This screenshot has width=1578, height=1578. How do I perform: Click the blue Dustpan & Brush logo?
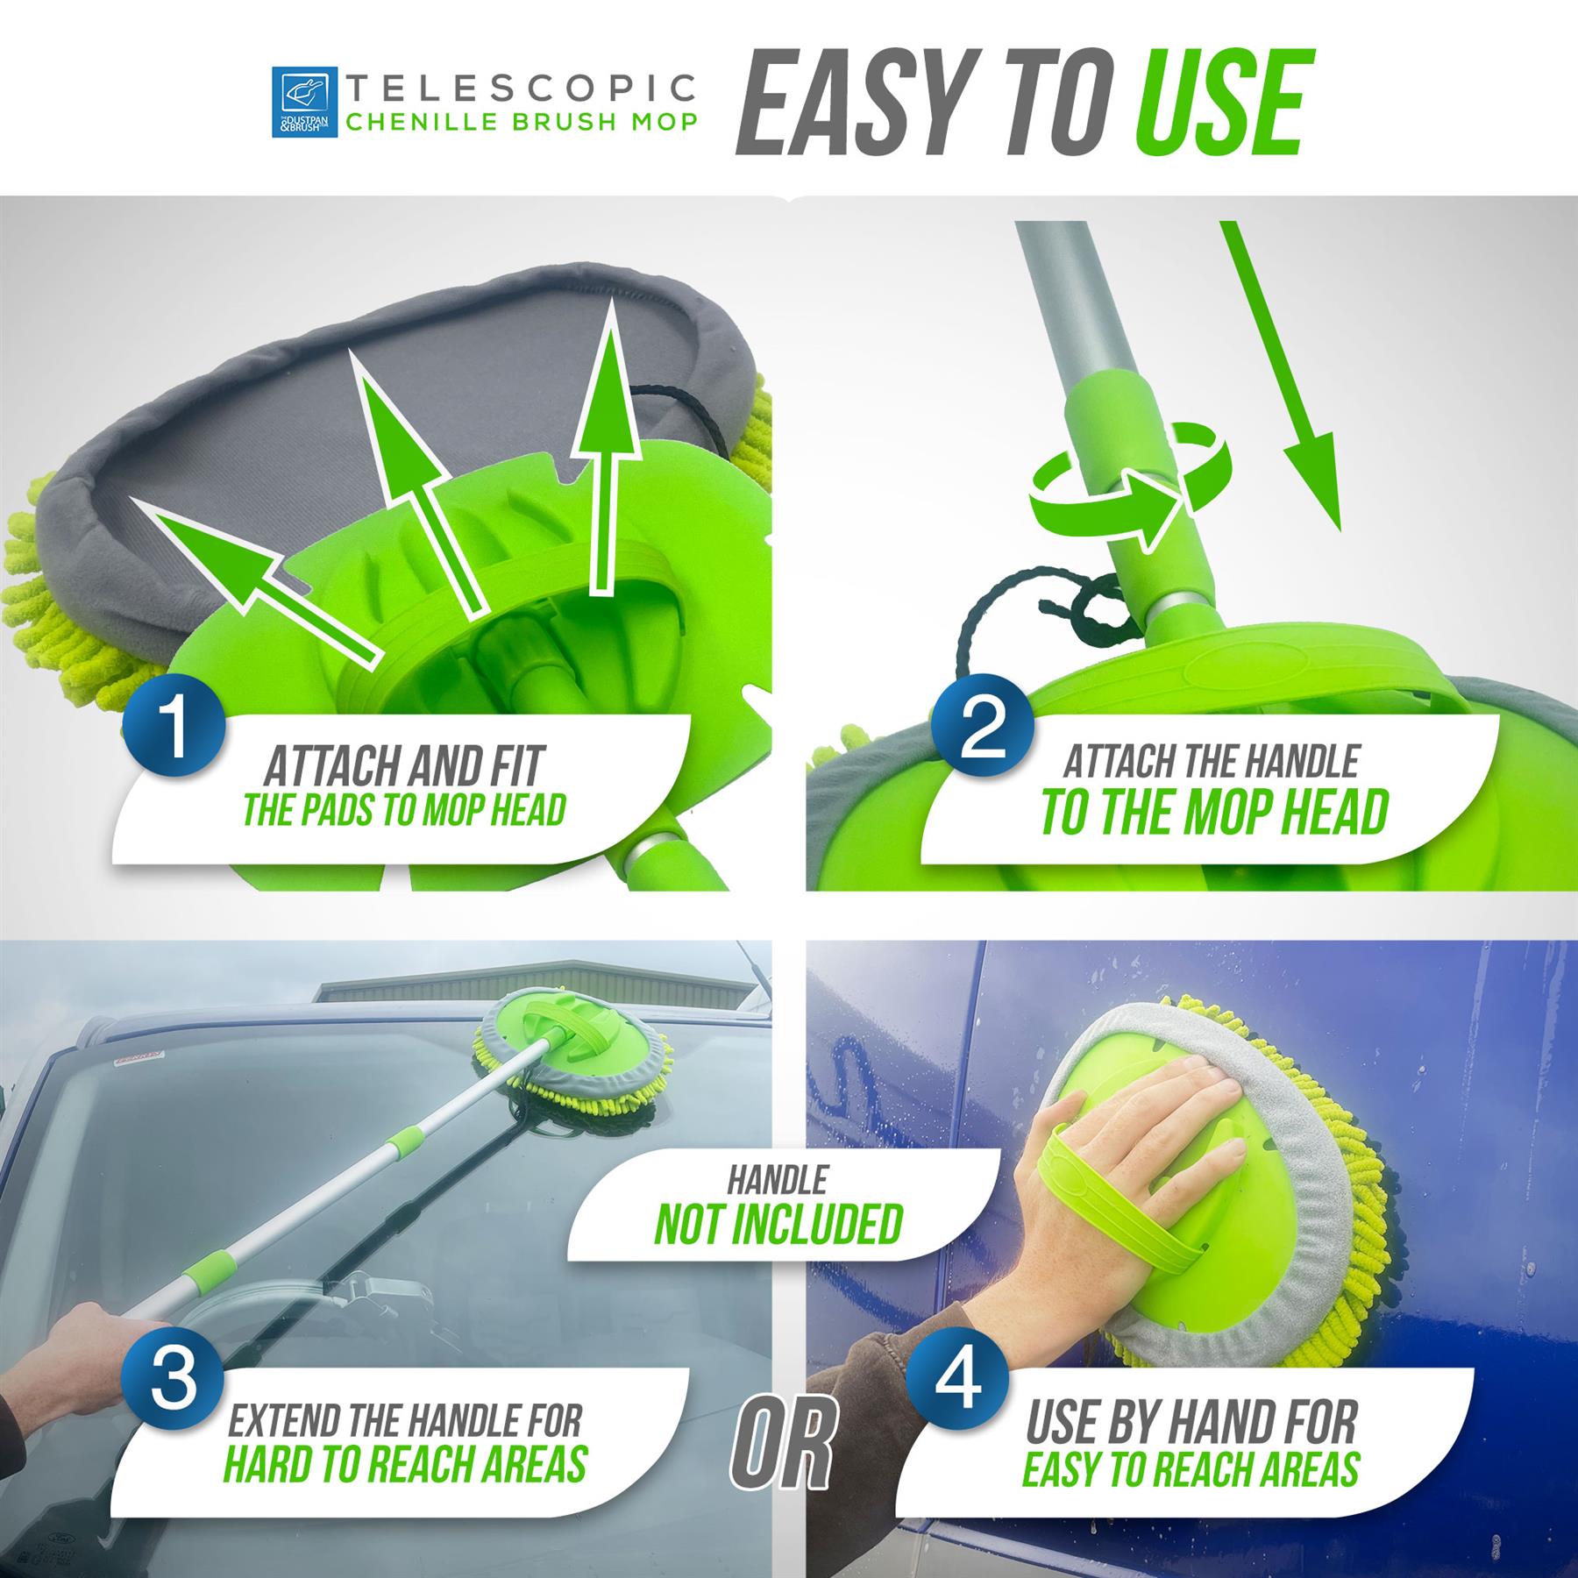tap(304, 103)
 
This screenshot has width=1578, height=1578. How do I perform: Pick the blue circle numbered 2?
tap(982, 726)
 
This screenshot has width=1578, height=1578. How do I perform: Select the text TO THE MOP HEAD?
tap(1215, 813)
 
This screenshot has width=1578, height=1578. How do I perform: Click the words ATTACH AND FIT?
tap(403, 765)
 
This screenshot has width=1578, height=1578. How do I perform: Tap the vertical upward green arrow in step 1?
tap(605, 456)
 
